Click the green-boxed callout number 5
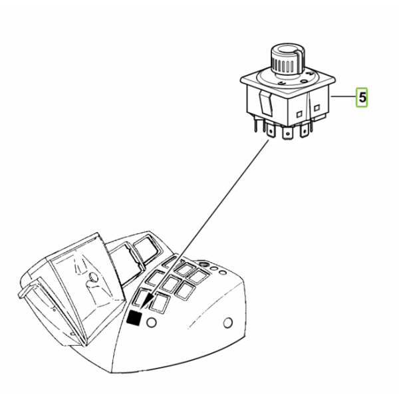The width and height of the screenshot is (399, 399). [x=362, y=98]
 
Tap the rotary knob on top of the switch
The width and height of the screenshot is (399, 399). [x=287, y=60]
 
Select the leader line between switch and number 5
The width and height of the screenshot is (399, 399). [x=344, y=96]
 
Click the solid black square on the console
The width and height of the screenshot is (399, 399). [x=134, y=318]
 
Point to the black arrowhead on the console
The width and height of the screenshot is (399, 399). [x=148, y=301]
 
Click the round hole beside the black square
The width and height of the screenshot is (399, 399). [x=152, y=323]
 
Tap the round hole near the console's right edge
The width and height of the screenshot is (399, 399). [x=227, y=323]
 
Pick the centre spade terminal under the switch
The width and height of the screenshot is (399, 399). [x=287, y=133]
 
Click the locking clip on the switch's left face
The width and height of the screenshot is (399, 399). [x=265, y=104]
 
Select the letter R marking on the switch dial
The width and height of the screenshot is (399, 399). [x=310, y=74]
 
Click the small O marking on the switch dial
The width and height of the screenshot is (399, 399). [x=304, y=81]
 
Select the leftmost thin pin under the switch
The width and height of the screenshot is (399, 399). [x=255, y=126]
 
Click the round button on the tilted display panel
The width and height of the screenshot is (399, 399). [x=92, y=277]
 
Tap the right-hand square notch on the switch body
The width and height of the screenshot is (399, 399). [x=317, y=108]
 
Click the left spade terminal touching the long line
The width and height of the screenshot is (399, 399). [x=271, y=131]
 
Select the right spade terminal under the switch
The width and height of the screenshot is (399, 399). [x=305, y=130]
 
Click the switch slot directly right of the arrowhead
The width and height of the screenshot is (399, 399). [x=160, y=303]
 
